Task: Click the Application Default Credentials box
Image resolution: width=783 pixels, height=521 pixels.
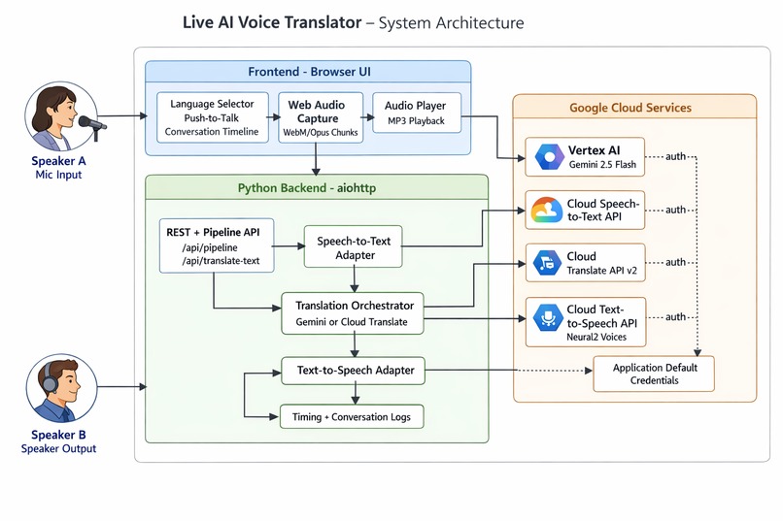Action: [653, 374]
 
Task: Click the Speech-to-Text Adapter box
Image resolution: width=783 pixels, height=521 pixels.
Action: [353, 248]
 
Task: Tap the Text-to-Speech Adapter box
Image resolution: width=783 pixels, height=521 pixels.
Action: [354, 370]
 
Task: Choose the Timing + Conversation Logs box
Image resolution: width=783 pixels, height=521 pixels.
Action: [352, 417]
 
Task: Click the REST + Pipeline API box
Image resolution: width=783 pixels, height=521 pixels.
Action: [216, 245]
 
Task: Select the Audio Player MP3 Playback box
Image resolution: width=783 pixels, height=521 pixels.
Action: [416, 113]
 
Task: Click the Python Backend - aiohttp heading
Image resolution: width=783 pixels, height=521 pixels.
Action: [316, 188]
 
